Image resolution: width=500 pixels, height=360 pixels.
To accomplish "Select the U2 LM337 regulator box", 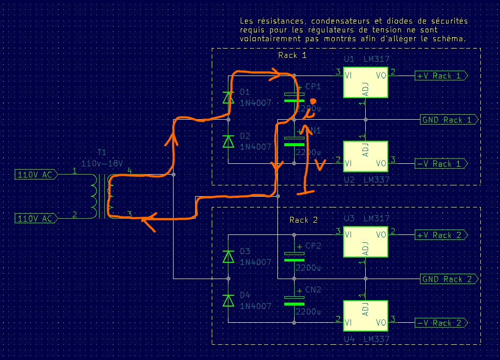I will click(365, 156).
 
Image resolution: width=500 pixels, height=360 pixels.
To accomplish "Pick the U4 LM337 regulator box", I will click(365, 315).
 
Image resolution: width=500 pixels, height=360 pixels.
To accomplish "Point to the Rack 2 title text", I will click(303, 220).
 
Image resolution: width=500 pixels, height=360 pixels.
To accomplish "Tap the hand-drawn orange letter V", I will click(320, 164).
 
